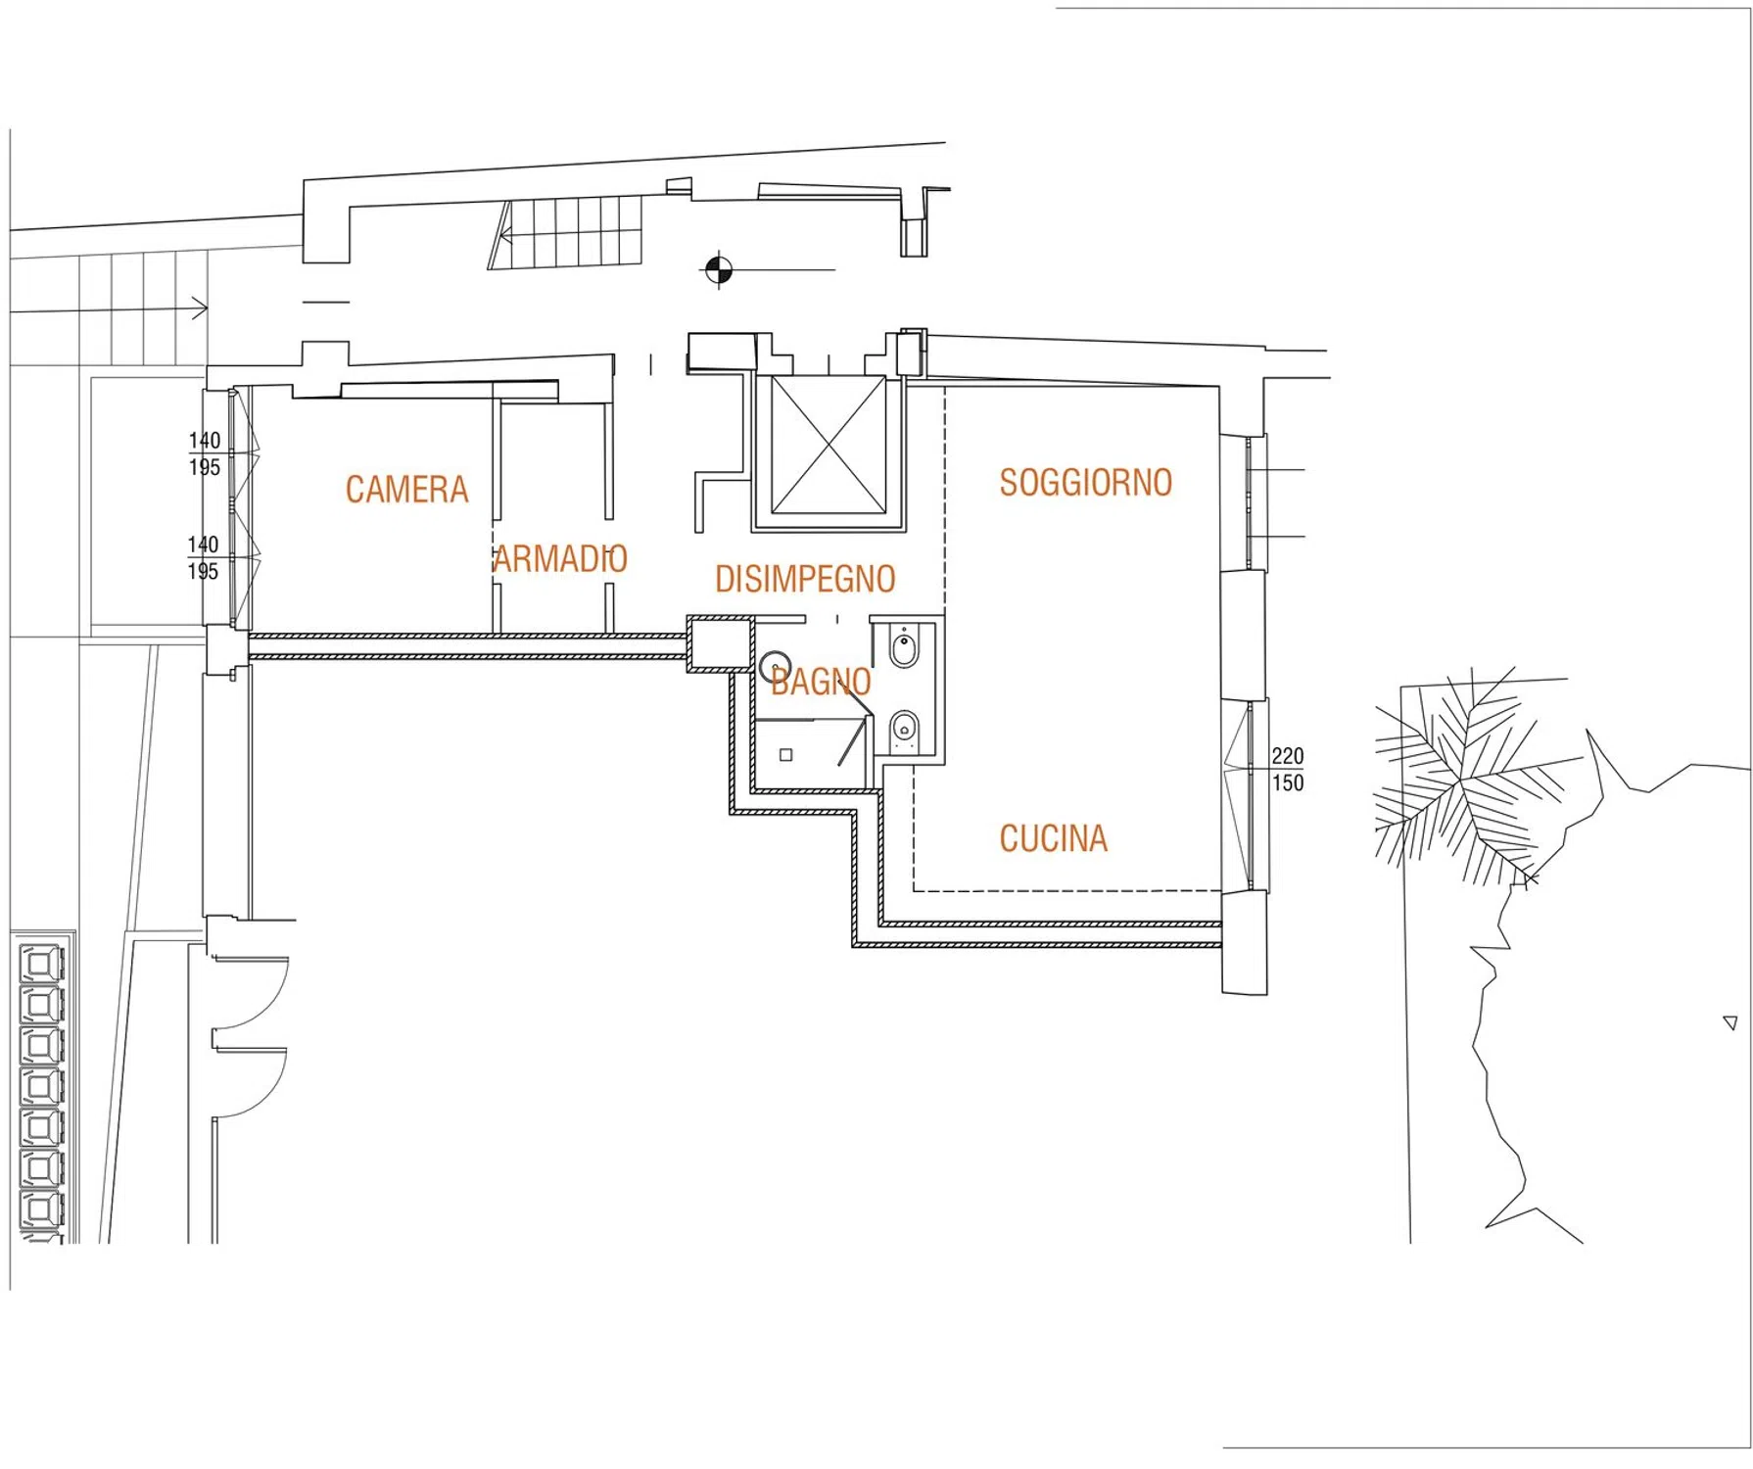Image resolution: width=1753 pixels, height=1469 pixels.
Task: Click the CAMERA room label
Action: (406, 489)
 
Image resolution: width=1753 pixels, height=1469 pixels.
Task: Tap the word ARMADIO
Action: (560, 558)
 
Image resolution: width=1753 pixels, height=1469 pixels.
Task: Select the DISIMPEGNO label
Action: (805, 579)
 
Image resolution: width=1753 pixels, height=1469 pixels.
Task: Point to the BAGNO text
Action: (821, 682)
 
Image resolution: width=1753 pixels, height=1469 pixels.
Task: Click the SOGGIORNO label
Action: (1085, 482)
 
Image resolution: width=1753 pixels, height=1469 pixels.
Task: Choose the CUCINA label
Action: (1053, 838)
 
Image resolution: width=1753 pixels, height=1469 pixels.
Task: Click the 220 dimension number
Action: (1288, 756)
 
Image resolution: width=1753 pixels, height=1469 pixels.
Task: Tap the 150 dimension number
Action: (1288, 782)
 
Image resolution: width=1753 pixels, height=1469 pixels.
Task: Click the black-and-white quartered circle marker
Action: (719, 269)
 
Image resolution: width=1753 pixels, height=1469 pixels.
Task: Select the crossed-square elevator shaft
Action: (829, 446)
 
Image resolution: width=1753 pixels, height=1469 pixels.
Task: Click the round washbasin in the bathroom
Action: (776, 667)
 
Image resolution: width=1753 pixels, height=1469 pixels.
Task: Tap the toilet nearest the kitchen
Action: (904, 731)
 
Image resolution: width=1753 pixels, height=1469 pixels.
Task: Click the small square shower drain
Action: (785, 755)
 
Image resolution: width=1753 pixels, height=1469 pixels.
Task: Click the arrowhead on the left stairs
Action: (201, 308)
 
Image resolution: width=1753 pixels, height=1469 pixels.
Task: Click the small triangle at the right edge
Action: (1730, 1023)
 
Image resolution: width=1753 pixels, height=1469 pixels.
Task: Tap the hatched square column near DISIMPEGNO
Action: (720, 643)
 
